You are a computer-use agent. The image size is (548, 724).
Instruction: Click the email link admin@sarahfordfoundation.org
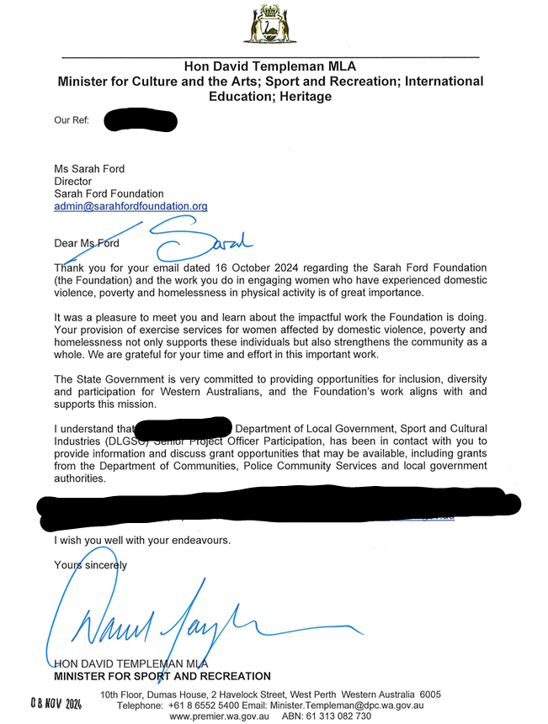pyautogui.click(x=130, y=206)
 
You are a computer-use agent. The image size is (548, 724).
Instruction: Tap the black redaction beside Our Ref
pyautogui.click(x=141, y=120)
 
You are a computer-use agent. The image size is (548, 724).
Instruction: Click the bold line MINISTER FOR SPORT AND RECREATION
pyautogui.click(x=162, y=676)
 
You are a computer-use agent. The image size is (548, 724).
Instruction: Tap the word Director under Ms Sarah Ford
pyautogui.click(x=72, y=182)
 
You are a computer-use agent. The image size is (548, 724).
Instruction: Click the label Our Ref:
pyautogui.click(x=72, y=120)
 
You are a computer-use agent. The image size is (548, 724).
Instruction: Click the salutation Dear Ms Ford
pyautogui.click(x=87, y=244)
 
